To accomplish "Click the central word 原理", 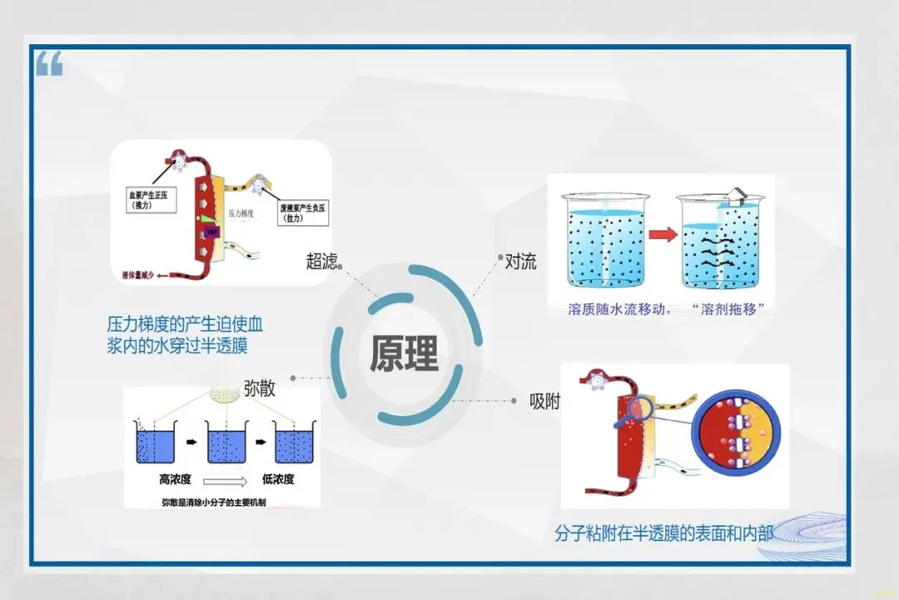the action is pyautogui.click(x=405, y=353).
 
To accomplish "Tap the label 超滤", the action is pyautogui.click(x=322, y=262).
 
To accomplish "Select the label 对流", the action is pyautogui.click(x=521, y=262).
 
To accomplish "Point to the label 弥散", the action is pyautogui.click(x=260, y=387).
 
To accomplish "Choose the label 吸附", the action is pyautogui.click(x=545, y=401).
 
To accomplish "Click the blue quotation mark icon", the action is pyautogui.click(x=49, y=63).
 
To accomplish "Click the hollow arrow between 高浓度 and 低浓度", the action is pyautogui.click(x=226, y=481).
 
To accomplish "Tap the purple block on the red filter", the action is pyautogui.click(x=211, y=232).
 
